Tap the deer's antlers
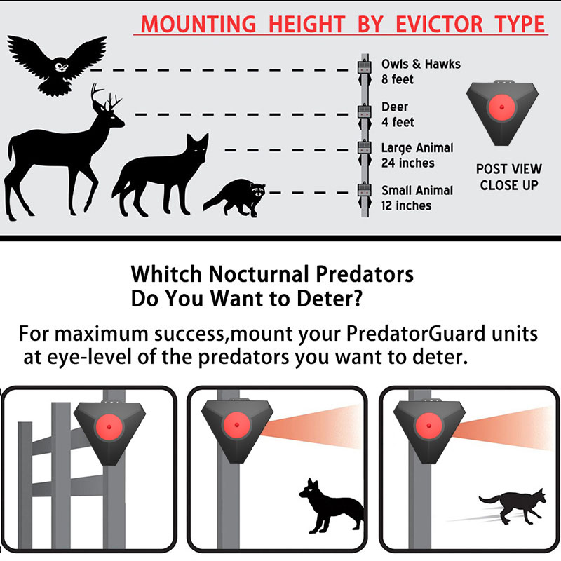tap(107, 97)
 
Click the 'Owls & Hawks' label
tap(421, 64)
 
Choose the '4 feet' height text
tap(398, 122)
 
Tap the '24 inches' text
tap(408, 163)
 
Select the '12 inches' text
tap(407, 205)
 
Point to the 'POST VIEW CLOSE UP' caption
tap(509, 177)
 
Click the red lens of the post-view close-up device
tap(501, 107)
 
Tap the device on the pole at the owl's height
tap(365, 67)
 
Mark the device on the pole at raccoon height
tap(365, 189)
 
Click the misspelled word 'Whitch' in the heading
tap(166, 274)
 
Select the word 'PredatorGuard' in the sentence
tap(416, 334)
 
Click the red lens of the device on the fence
tap(109, 427)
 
